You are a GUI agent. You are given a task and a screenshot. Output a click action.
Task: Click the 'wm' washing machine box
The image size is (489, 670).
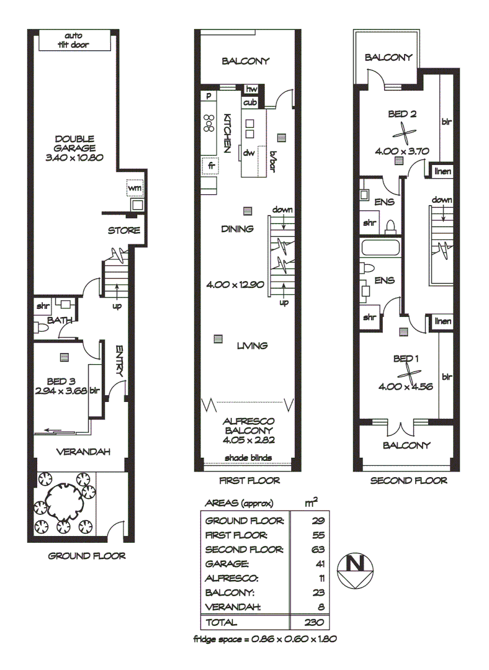point(135,186)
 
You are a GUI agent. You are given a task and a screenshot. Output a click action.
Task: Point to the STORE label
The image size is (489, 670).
point(124,230)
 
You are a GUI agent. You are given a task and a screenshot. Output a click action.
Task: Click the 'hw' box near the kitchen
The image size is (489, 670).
point(251,89)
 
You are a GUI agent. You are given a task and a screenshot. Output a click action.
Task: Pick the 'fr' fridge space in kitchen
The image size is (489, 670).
point(212,166)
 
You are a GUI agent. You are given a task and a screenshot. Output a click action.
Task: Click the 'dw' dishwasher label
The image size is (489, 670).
point(249,153)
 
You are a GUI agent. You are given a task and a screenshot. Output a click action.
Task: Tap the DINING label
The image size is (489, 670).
point(237,229)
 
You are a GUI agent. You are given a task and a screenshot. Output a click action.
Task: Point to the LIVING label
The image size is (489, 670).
point(251,346)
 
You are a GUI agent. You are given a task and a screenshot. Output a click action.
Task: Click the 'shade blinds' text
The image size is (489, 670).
point(248,458)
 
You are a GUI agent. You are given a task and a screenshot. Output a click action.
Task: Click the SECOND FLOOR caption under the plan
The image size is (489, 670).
point(408,480)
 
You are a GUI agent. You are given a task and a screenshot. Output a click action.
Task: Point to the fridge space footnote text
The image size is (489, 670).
point(264,638)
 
